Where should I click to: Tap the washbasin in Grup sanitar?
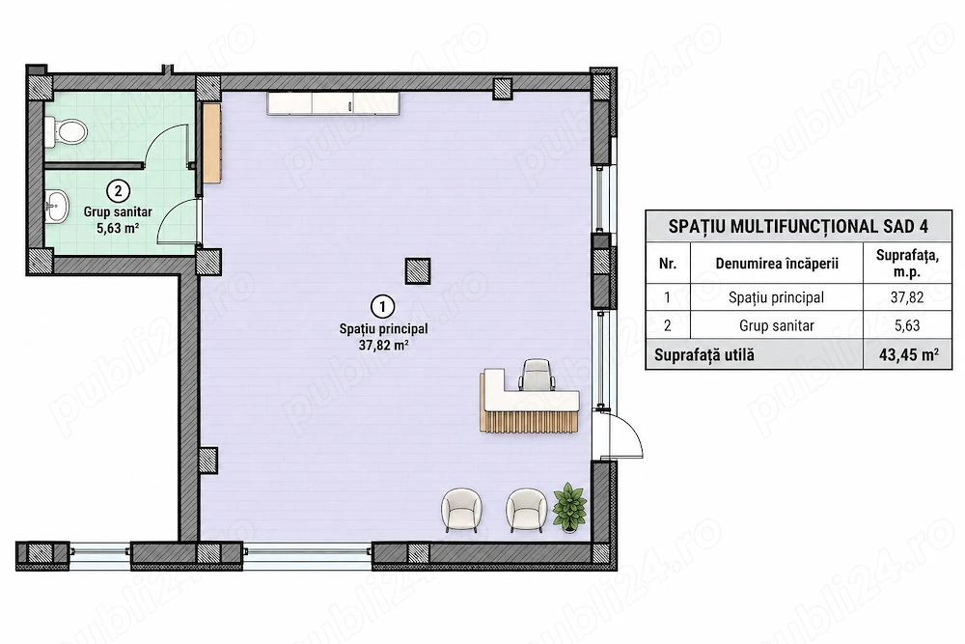[x=57, y=205]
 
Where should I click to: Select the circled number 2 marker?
[x=118, y=191]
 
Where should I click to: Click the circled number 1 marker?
[x=383, y=306]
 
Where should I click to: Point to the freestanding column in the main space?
[x=417, y=271]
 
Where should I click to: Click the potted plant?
[x=569, y=507]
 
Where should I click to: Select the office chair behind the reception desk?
[x=537, y=375]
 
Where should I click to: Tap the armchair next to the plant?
[x=526, y=510]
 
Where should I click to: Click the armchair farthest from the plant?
[x=461, y=510]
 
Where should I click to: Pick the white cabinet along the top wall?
[x=334, y=102]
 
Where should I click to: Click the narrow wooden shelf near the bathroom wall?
[x=211, y=143]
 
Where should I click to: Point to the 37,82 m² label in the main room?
[x=383, y=345]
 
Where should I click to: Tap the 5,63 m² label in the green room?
[x=118, y=229]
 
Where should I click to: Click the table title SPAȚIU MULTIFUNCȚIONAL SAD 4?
[x=798, y=227]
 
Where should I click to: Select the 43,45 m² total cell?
[x=908, y=355]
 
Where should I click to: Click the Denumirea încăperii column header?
[x=777, y=264]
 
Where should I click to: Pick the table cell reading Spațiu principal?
[x=776, y=297]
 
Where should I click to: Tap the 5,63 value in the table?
[x=907, y=325]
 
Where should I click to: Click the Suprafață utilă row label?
[x=704, y=355]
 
